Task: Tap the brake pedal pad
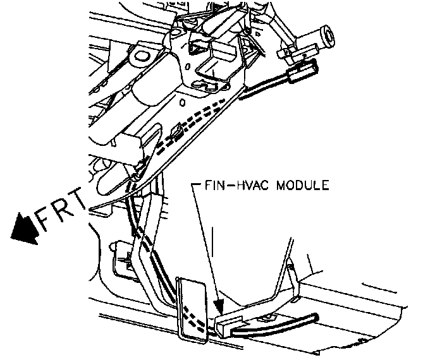[x=192, y=311]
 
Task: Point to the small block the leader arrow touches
[x=226, y=326]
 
